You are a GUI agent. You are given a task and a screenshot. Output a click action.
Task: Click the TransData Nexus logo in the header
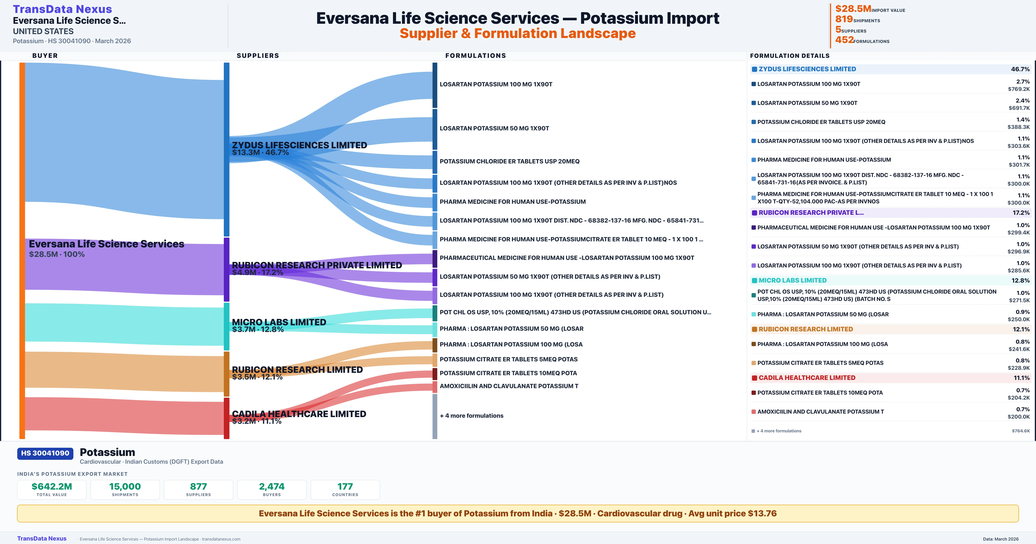click(62, 9)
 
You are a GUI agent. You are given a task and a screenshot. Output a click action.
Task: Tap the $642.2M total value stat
click(52, 486)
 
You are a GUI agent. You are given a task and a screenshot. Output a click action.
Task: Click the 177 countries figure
click(345, 486)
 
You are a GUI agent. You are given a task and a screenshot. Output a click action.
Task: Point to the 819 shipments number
click(844, 19)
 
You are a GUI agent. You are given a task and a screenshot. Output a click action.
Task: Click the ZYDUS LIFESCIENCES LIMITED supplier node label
click(299, 145)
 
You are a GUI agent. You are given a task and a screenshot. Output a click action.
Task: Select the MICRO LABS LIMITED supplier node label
click(279, 322)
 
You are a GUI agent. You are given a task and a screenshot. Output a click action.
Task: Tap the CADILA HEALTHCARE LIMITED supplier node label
click(299, 414)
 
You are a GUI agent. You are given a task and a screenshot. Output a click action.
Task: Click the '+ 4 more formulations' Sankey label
click(471, 416)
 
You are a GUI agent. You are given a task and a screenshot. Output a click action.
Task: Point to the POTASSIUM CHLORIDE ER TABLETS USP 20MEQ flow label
click(510, 161)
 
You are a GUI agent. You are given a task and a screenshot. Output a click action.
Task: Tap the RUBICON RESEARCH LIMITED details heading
click(805, 329)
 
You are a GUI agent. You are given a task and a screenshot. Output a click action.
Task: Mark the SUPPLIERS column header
click(258, 55)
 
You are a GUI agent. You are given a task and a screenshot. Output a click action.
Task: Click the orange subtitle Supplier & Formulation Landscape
click(518, 33)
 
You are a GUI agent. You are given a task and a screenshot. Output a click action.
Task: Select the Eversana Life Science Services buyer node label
click(107, 244)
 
